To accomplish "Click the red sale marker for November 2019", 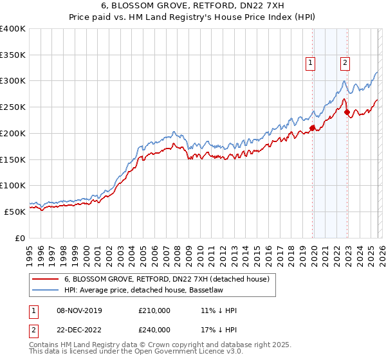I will [x=313, y=128].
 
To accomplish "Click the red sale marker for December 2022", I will [x=347, y=112].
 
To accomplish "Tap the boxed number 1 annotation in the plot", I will [x=311, y=62].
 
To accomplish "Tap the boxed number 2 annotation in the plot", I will [x=345, y=62].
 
